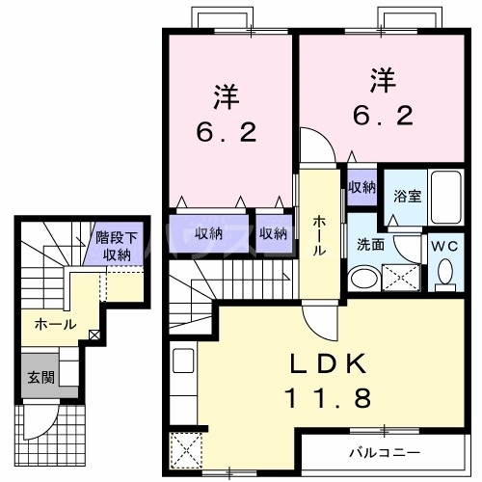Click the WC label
click(x=444, y=245)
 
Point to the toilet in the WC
click(x=444, y=274)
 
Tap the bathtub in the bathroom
click(x=446, y=198)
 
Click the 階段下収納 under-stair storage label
click(x=116, y=247)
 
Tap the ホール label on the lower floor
click(x=55, y=325)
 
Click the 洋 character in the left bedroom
click(x=227, y=96)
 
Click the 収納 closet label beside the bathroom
click(x=362, y=187)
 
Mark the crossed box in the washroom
click(x=400, y=278)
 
